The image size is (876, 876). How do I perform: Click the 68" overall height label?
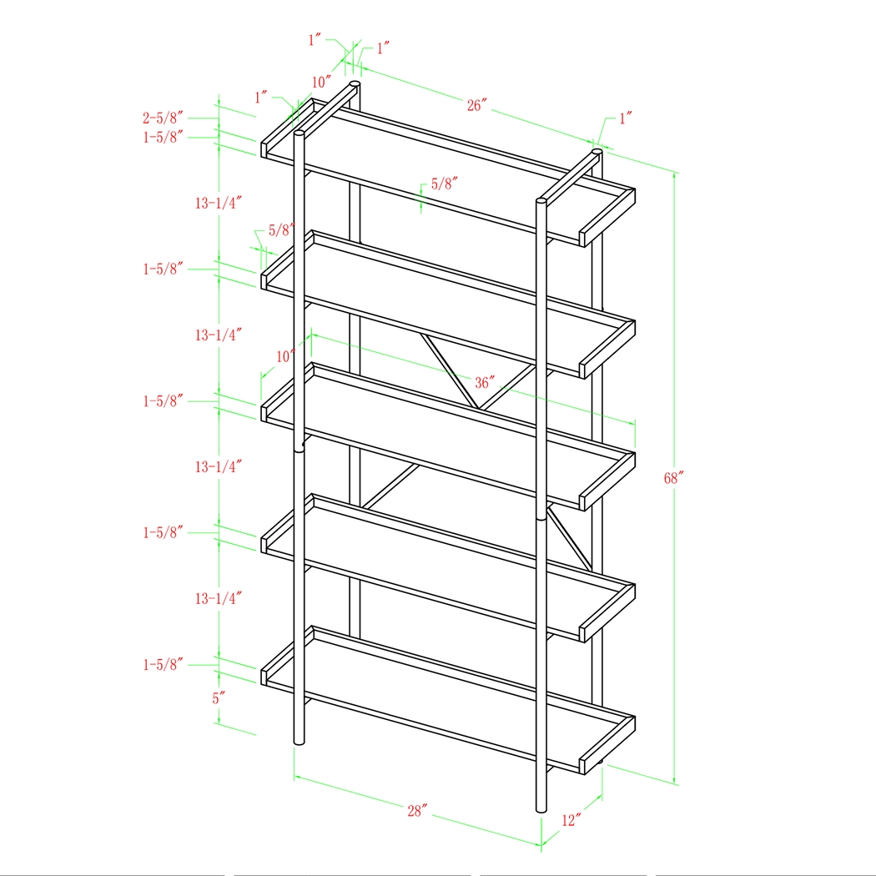tap(674, 478)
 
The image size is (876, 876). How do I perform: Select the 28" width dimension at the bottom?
tap(417, 810)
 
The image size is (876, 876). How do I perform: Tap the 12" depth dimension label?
tap(571, 821)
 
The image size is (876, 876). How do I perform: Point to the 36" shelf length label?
tap(485, 383)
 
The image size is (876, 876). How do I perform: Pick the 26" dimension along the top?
tap(476, 105)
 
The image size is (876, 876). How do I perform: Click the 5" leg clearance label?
tap(219, 698)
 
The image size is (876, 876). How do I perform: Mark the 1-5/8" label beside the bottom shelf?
tap(162, 664)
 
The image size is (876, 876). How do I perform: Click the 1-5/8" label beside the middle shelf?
tap(162, 400)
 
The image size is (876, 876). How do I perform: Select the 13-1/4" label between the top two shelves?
tap(219, 203)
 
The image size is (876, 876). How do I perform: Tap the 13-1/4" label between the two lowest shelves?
tap(219, 598)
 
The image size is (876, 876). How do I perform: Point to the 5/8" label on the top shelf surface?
tap(445, 183)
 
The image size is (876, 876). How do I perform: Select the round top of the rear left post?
tap(355, 84)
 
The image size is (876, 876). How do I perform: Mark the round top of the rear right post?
tap(597, 153)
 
